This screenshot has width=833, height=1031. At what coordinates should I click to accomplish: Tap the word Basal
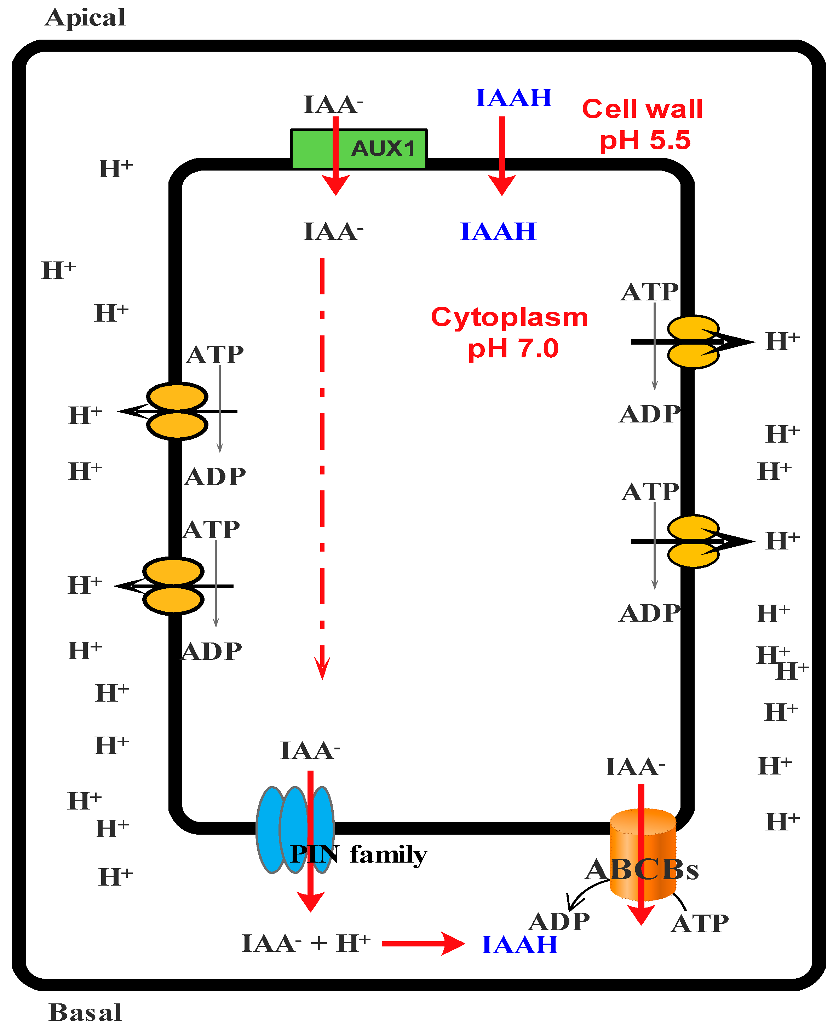pyautogui.click(x=85, y=1012)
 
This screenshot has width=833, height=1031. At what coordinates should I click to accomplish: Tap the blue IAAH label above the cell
pyautogui.click(x=513, y=98)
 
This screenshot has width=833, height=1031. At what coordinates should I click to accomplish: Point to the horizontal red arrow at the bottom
pyautogui.click(x=422, y=944)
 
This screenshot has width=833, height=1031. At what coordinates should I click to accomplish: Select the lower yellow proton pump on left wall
pyautogui.click(x=173, y=586)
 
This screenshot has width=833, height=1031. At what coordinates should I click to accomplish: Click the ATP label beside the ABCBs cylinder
pyautogui.click(x=700, y=923)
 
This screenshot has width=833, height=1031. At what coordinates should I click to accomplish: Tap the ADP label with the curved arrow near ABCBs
pyautogui.click(x=559, y=921)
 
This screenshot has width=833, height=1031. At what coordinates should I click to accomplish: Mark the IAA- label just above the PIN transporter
pyautogui.click(x=310, y=750)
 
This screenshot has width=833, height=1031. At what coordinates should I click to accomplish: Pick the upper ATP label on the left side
pyautogui.click(x=214, y=355)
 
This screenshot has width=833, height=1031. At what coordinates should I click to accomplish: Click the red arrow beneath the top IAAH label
pyautogui.click(x=502, y=154)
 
